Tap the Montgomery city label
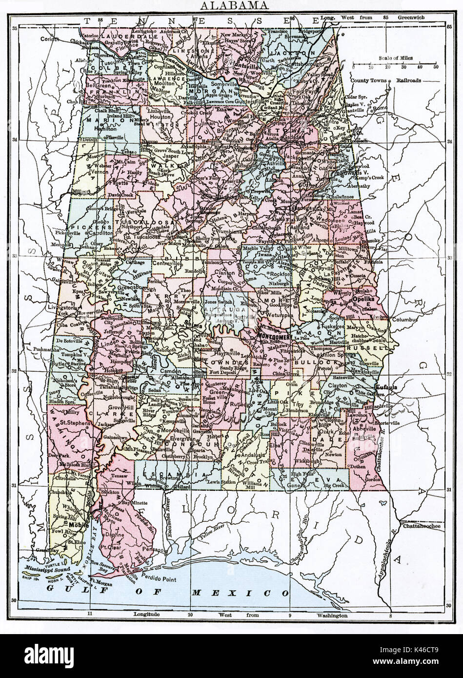275,337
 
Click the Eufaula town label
384,387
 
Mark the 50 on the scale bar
436,67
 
